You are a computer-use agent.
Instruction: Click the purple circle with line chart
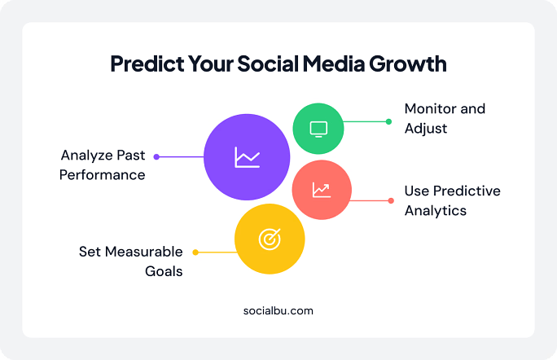[246, 156]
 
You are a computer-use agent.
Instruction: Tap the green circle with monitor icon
[318, 129]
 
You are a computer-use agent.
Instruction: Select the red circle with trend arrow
[322, 190]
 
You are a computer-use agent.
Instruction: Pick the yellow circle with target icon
[270, 239]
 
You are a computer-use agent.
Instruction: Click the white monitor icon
[318, 129]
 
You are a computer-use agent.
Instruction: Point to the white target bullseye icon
[270, 239]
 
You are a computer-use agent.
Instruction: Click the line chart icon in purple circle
[246, 156]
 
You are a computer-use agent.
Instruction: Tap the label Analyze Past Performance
[103, 165]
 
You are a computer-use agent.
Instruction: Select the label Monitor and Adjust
[445, 118]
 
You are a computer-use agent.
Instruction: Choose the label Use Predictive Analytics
[452, 200]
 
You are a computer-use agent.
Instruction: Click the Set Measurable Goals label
[131, 261]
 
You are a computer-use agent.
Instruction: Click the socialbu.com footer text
[278, 310]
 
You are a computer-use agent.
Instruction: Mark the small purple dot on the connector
[156, 156]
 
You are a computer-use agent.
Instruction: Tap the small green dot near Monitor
[389, 121]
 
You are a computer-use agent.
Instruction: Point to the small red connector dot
[391, 200]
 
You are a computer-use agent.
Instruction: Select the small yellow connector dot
[195, 252]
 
